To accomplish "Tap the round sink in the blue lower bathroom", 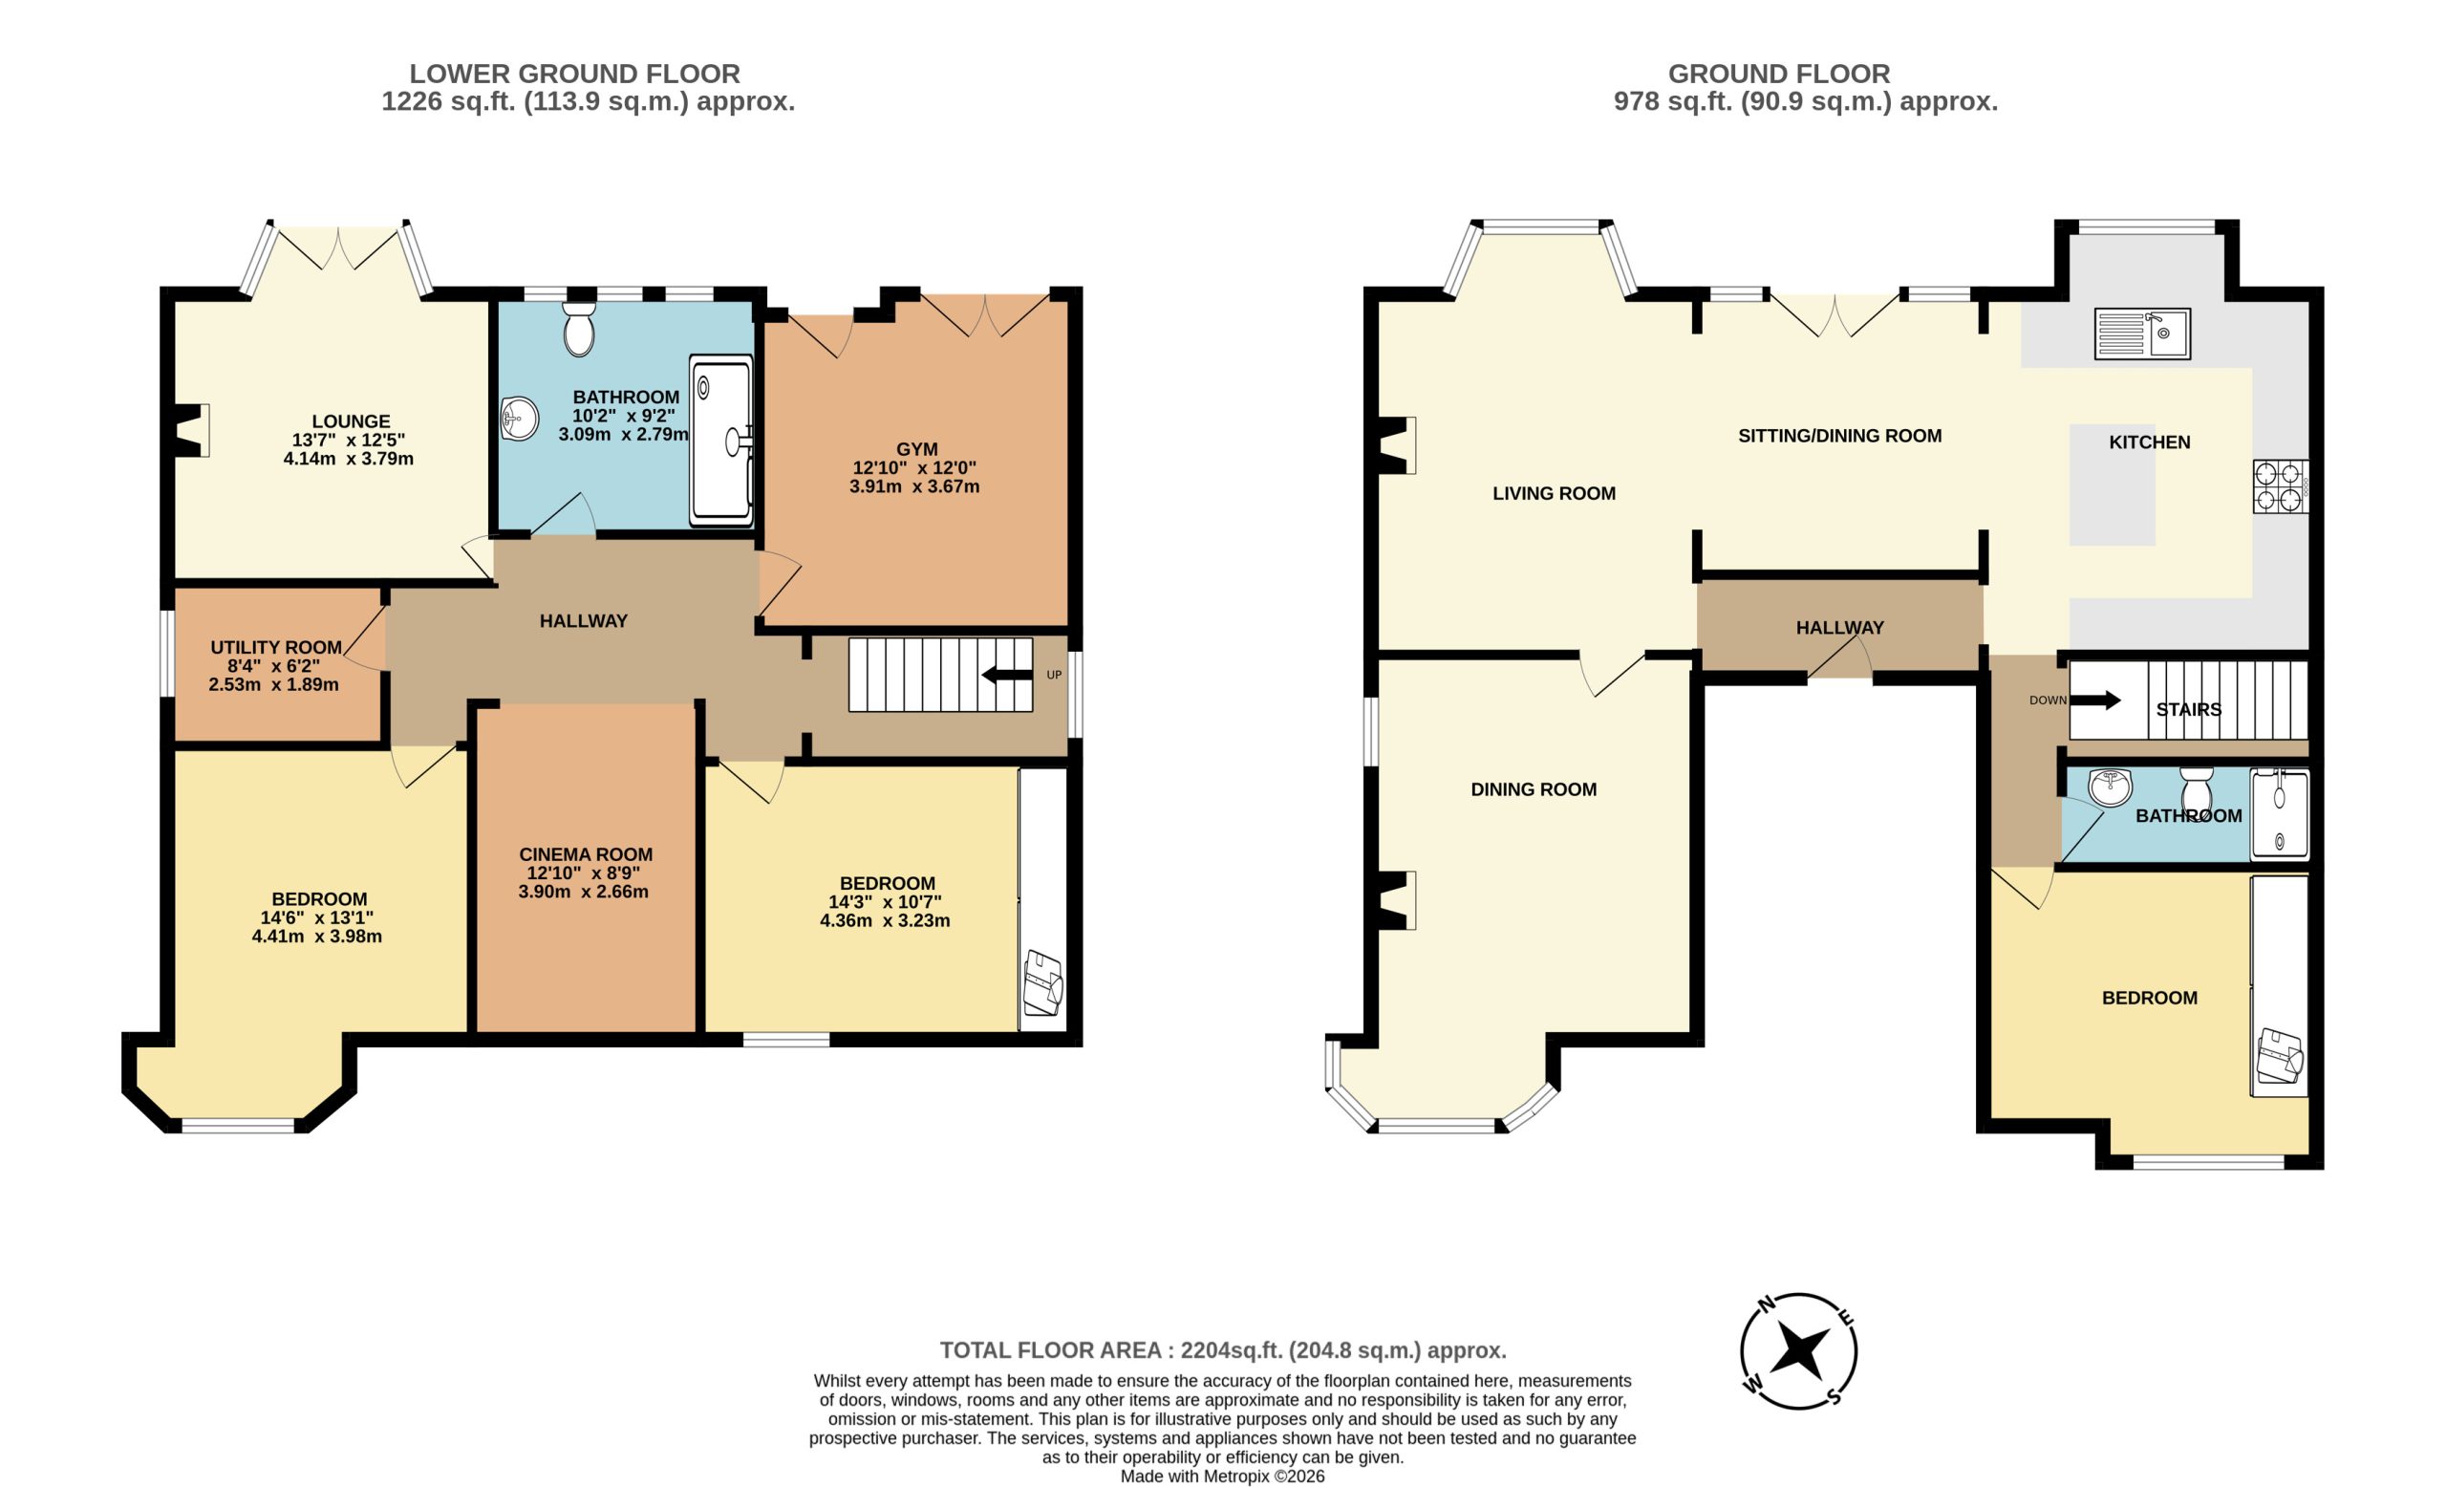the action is (518, 419).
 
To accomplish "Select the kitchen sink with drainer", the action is (2142, 334).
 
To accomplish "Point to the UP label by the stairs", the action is (1054, 675).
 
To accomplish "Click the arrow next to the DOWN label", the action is (2095, 700).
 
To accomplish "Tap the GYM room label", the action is (916, 450).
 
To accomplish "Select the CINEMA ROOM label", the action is (586, 854).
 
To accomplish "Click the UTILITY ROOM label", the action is (276, 647).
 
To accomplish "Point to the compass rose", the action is (1798, 1351).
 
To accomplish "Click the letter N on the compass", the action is (1767, 1304).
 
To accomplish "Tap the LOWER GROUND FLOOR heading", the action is (575, 74).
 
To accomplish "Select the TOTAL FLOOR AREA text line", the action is (1223, 1350).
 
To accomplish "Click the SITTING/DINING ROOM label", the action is (1839, 436).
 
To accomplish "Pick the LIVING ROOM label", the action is (1554, 493).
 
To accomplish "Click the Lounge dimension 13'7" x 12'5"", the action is (349, 440).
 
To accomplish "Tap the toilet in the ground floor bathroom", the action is (2196, 790).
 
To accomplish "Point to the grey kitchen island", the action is (2113, 485).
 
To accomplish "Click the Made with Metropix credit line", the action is (1222, 1476).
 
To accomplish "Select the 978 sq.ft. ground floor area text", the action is (1806, 101).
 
